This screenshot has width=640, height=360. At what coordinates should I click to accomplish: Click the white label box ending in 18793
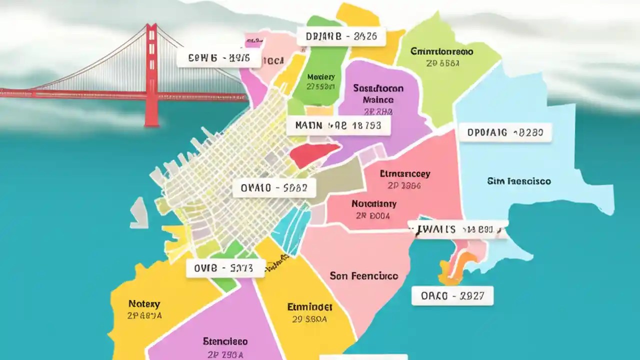338,125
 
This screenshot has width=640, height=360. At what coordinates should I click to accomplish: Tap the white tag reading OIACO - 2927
452,296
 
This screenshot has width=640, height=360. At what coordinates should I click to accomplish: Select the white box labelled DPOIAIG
505,132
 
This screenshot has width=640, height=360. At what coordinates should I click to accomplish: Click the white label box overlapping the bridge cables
218,58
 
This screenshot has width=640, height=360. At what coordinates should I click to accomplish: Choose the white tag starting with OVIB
226,268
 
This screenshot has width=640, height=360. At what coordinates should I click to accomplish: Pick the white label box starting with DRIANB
341,36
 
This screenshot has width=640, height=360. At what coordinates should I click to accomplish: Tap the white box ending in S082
274,188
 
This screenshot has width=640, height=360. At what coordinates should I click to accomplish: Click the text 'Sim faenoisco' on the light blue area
518,181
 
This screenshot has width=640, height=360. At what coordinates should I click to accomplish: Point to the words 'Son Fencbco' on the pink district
363,276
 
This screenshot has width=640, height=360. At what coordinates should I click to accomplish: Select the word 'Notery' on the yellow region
144,304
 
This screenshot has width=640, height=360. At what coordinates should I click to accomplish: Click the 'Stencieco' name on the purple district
225,341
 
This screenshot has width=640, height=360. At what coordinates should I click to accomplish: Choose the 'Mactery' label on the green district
320,77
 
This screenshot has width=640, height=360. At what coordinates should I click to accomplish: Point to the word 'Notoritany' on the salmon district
373,204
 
